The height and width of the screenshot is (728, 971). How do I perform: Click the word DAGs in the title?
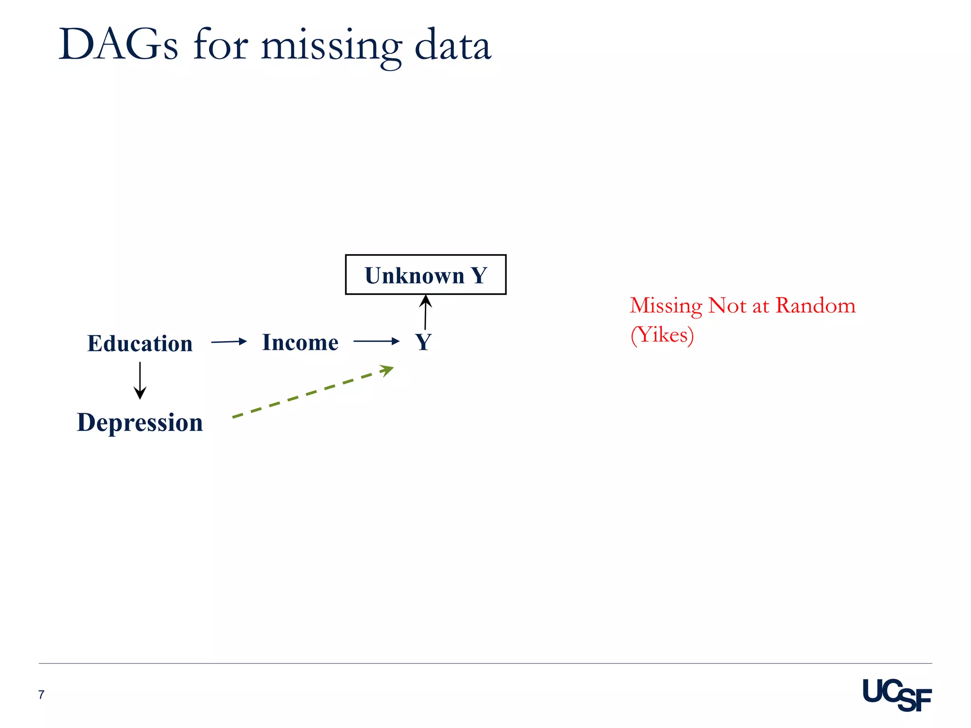pos(118,45)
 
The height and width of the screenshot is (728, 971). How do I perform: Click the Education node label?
pos(140,343)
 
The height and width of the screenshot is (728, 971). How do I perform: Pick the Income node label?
pos(300,342)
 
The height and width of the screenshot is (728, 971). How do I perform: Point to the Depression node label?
pos(140,422)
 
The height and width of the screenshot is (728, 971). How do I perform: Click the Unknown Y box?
pos(425,275)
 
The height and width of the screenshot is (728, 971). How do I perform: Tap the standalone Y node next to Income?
pos(423,342)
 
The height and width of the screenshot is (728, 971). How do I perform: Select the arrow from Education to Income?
pos(229,342)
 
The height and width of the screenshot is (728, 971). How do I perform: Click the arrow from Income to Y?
pos(376,341)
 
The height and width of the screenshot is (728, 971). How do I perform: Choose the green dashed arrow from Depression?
pos(313,391)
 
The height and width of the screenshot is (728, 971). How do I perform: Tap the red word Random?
pos(815,306)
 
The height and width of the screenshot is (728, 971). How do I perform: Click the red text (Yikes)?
pos(662,335)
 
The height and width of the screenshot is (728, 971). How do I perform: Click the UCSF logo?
pos(897,695)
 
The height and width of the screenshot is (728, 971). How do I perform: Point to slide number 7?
pos(41,695)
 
